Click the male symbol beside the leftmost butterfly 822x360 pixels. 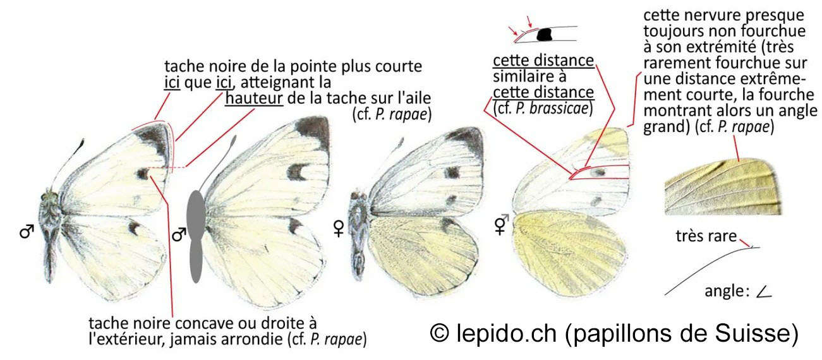[27, 232]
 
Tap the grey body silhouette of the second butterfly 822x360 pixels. [196, 236]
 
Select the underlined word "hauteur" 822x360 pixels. [254, 98]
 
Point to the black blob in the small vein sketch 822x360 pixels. [545, 35]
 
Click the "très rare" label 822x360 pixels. [706, 236]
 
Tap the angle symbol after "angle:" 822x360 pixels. [764, 292]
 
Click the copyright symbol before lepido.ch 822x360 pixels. [440, 333]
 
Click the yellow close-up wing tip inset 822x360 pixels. [722, 187]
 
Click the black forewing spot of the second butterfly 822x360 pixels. [296, 172]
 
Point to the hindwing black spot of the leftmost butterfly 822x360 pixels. [133, 228]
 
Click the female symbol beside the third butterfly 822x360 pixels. [339, 228]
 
